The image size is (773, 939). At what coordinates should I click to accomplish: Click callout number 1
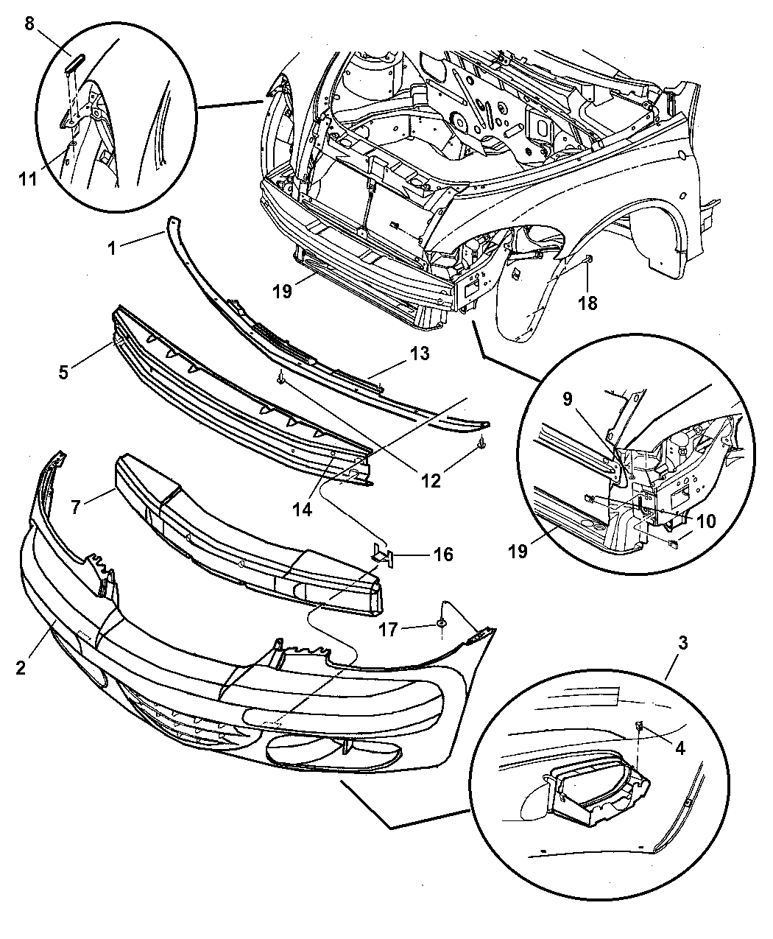point(111,249)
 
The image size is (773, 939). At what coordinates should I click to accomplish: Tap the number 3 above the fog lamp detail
point(682,642)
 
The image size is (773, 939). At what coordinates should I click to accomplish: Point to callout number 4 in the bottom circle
point(679,748)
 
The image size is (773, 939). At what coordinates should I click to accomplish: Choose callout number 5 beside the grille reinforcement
point(64,372)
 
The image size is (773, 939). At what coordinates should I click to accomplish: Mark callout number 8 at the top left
point(29,24)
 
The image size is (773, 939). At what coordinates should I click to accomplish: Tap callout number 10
point(705,521)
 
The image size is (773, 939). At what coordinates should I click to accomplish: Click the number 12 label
point(431,480)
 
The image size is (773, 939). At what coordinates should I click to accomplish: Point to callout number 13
point(420,354)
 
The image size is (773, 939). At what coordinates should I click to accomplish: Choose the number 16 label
point(442,555)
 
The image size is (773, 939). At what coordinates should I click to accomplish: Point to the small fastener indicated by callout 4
point(640,726)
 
